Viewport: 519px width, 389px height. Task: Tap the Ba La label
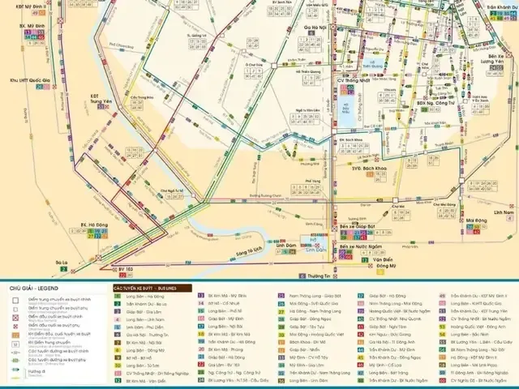[62, 262]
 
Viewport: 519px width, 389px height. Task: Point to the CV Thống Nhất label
[353, 82]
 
